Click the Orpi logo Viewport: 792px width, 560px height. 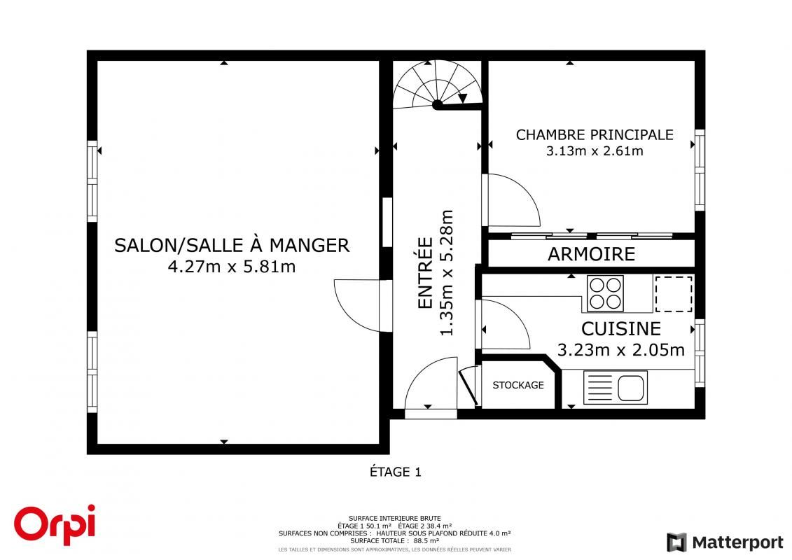(x=55, y=524)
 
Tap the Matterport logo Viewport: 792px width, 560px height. (x=725, y=542)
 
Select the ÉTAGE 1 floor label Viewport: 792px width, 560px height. (x=396, y=472)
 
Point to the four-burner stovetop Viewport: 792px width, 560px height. (x=605, y=293)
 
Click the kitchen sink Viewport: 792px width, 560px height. (x=616, y=387)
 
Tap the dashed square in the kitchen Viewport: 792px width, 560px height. (x=673, y=294)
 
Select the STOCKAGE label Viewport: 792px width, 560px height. (x=518, y=385)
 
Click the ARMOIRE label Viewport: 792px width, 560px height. (x=592, y=254)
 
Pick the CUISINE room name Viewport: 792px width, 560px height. (x=620, y=329)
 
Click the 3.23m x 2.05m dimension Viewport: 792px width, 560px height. (x=620, y=349)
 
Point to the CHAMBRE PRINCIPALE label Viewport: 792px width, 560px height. (x=595, y=135)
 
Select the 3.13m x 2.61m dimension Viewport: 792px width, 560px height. (x=595, y=151)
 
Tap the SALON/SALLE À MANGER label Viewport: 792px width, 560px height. (x=232, y=246)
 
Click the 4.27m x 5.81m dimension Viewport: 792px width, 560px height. (x=232, y=267)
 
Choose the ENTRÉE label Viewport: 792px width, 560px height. (x=426, y=273)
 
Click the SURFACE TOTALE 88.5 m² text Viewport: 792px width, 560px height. (x=394, y=540)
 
